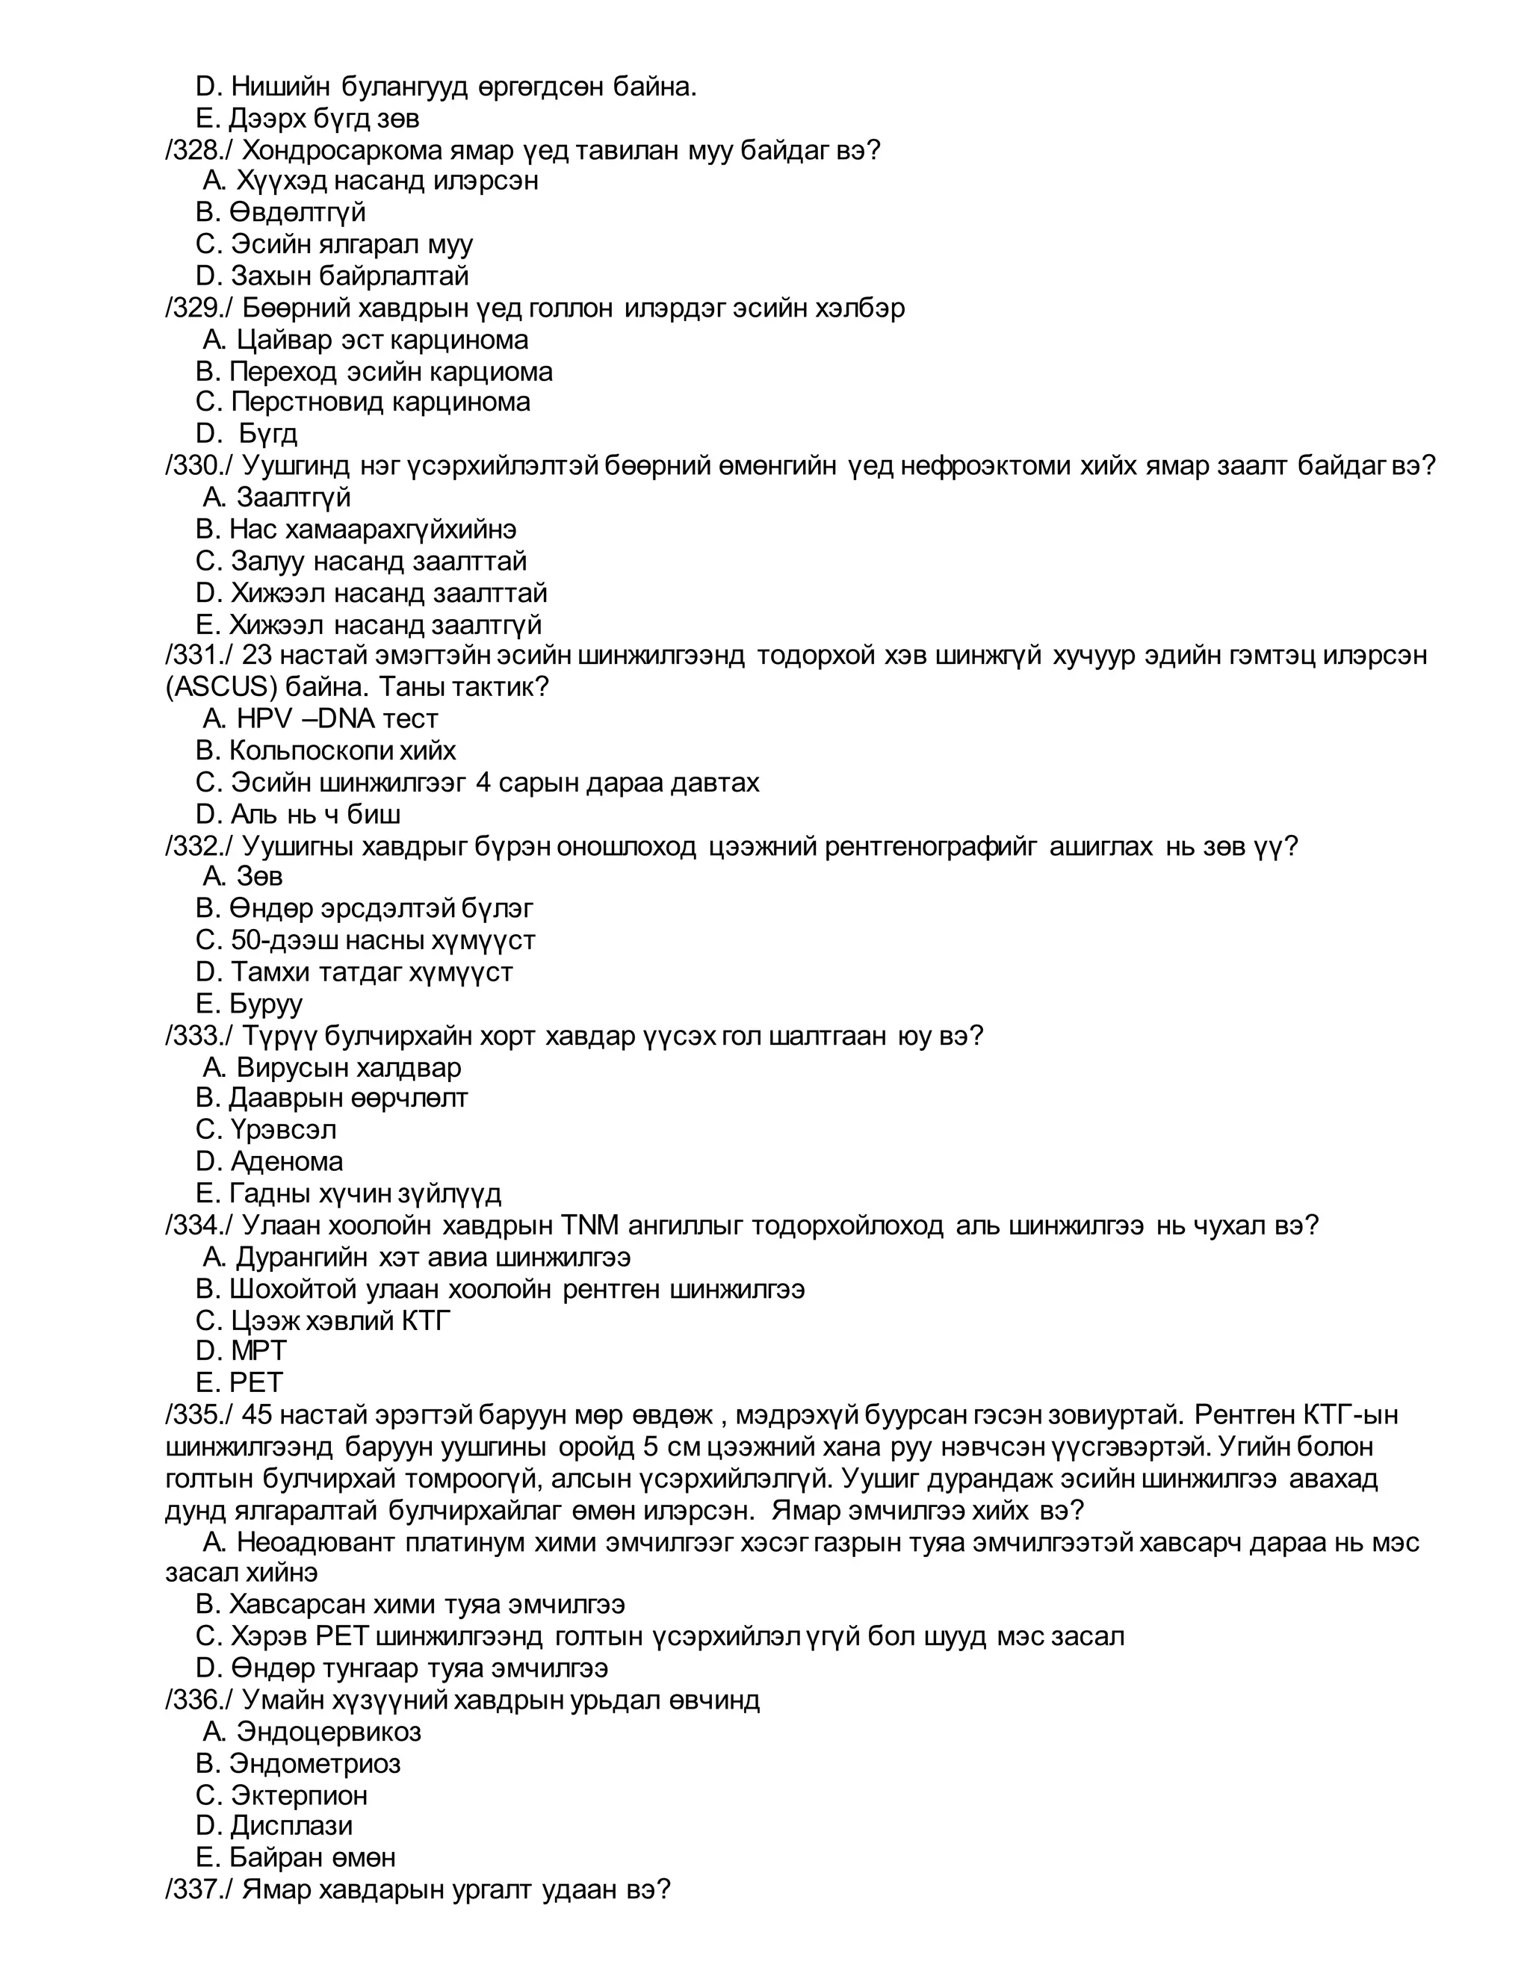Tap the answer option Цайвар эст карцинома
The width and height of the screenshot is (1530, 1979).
coord(382,340)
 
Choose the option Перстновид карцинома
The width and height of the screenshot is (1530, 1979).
coord(380,402)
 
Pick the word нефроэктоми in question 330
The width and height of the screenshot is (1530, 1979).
coord(978,466)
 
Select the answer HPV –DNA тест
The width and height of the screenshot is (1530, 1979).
coord(336,718)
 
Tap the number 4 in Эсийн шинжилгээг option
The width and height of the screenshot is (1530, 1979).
coord(483,782)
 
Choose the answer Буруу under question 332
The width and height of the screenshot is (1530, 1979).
coord(265,1003)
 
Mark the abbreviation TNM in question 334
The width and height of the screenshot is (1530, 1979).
coord(589,1225)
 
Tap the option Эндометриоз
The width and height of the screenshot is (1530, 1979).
coord(314,1762)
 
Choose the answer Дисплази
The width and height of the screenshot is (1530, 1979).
coord(291,1825)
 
